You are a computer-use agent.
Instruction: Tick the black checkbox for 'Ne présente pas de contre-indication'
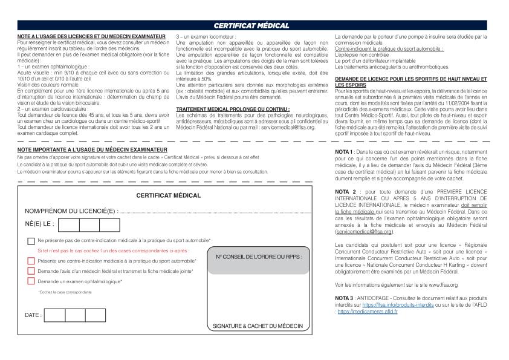pyautogui.click(x=31, y=241)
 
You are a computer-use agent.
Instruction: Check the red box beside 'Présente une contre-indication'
pyautogui.click(x=31, y=261)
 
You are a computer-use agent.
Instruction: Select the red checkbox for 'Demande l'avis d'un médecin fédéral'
pyautogui.click(x=31, y=271)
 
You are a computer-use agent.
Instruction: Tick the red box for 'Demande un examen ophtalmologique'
pyautogui.click(x=31, y=281)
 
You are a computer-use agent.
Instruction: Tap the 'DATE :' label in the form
pyautogui.click(x=33, y=315)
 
